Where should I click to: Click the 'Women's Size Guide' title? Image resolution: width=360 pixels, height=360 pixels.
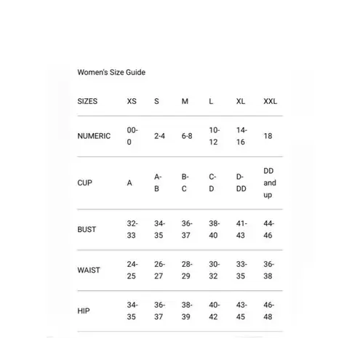(111, 73)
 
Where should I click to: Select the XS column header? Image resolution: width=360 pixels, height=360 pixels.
(132, 101)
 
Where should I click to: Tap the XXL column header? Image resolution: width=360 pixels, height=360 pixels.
(270, 101)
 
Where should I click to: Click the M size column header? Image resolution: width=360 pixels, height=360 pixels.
(185, 101)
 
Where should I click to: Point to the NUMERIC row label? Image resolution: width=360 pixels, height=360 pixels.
(94, 136)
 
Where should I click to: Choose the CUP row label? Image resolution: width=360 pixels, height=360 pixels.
(84, 183)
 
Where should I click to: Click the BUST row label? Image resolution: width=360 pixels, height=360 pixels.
(87, 229)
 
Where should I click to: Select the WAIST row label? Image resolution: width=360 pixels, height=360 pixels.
(89, 270)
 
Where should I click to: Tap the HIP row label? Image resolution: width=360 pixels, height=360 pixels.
(83, 311)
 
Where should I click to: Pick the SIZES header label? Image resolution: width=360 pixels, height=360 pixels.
(87, 101)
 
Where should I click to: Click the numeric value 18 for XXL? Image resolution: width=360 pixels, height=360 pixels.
(268, 136)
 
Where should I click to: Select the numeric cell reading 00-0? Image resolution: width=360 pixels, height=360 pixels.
(132, 136)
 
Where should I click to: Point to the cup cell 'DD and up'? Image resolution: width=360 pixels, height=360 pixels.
(269, 183)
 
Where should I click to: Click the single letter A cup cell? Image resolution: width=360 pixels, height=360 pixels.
(129, 183)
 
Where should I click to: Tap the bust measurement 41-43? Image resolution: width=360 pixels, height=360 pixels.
(241, 229)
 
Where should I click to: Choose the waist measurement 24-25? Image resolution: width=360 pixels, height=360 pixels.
(132, 270)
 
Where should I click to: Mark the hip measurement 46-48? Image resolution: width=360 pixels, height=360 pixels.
(269, 311)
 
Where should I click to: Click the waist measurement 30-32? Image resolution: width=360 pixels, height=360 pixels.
(214, 270)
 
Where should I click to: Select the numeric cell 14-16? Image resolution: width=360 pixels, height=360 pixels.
(241, 136)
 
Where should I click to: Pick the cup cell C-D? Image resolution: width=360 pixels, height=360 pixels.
(212, 183)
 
